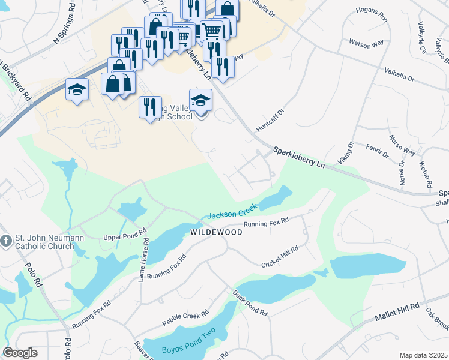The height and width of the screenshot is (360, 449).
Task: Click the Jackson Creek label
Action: [232, 211]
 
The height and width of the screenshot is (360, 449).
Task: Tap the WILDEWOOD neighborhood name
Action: [216, 232]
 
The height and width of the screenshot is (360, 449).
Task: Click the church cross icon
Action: [6, 241]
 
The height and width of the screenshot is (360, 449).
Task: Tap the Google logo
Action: [20, 352]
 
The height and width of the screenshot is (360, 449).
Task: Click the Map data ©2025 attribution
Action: [423, 355]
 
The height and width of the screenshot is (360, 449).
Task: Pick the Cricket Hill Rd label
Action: [279, 257]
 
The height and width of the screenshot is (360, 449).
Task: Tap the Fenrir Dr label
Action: [378, 151]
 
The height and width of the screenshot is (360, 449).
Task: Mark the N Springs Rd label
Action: [65, 31]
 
